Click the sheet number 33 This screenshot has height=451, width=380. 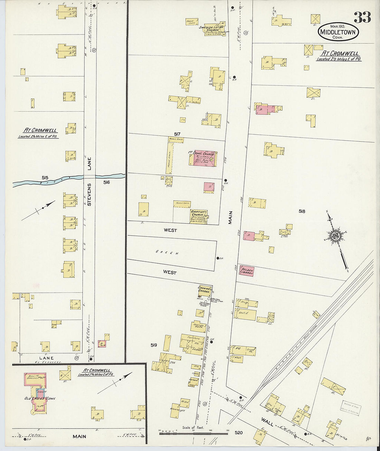362,17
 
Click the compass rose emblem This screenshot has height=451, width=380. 335,236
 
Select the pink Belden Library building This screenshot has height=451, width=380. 247,270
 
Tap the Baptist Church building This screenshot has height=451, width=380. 199,216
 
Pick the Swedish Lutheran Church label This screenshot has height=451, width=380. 214,29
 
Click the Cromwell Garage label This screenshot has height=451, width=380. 204,290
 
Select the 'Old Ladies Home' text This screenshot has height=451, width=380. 40,398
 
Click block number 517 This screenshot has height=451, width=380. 177,134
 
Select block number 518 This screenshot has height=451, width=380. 302,211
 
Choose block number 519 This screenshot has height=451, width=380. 154,345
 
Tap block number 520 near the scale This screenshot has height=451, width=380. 238,432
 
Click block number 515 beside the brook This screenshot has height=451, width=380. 45,178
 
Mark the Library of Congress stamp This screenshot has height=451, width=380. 350,408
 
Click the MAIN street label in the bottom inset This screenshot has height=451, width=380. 79,436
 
